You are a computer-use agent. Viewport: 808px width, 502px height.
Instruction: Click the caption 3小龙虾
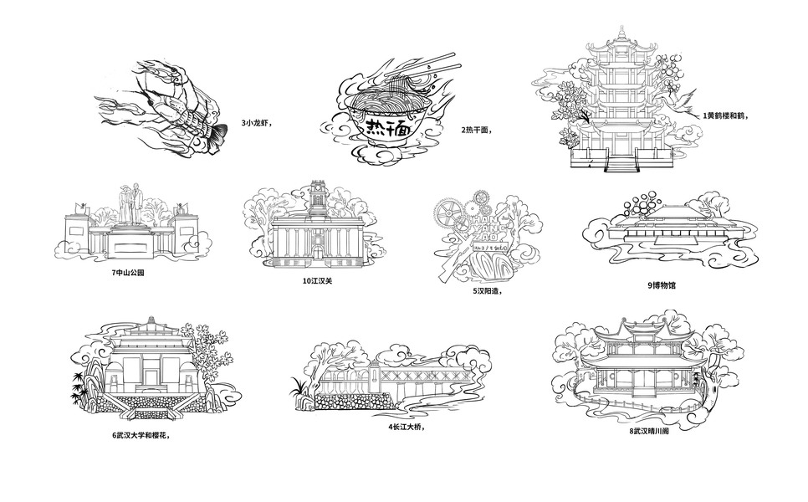[257, 123]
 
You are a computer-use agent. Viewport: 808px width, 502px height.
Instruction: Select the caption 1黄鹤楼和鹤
[724, 115]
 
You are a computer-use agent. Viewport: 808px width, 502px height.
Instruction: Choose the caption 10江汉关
[317, 280]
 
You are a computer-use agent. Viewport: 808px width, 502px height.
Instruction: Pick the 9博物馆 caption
[661, 284]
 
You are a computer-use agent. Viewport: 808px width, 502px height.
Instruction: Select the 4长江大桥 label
[406, 427]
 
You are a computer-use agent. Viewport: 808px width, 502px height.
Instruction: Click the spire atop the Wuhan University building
[151, 322]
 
